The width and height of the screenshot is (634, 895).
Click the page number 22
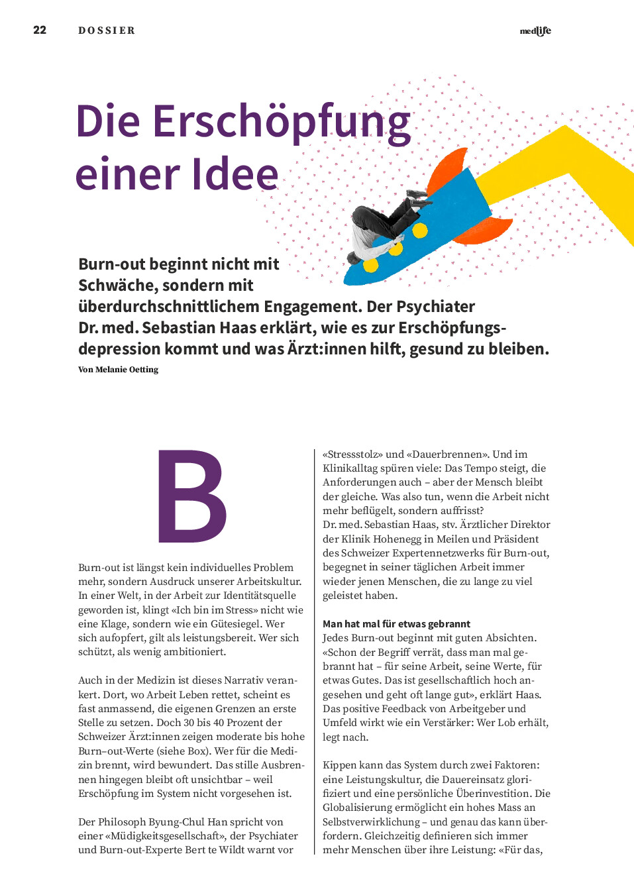click(40, 30)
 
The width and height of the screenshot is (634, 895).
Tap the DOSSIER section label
click(107, 30)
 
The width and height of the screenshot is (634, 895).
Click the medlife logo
click(535, 31)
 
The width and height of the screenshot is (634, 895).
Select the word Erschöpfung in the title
click(281, 122)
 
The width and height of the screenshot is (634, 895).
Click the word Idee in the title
click(235, 174)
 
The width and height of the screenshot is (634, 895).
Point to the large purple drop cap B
click(191, 496)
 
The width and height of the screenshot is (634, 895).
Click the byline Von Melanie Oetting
click(118, 370)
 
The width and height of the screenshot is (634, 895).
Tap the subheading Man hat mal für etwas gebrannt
click(396, 624)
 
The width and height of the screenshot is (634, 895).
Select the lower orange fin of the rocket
click(486, 229)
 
